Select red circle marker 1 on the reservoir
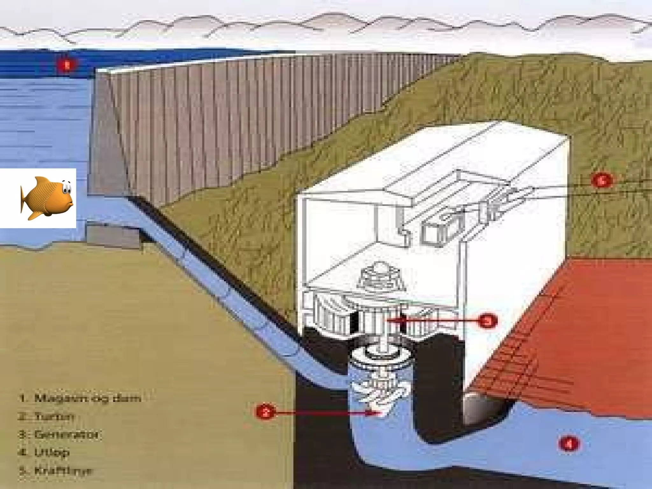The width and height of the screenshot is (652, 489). pos(67,66)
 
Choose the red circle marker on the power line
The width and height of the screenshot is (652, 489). pos(601,181)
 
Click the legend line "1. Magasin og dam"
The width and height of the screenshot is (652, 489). pos(80,398)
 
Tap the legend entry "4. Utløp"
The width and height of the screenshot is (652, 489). pos(45,452)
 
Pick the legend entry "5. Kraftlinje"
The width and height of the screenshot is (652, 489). pos(56,471)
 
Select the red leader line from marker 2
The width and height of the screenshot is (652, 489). pos(318,413)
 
